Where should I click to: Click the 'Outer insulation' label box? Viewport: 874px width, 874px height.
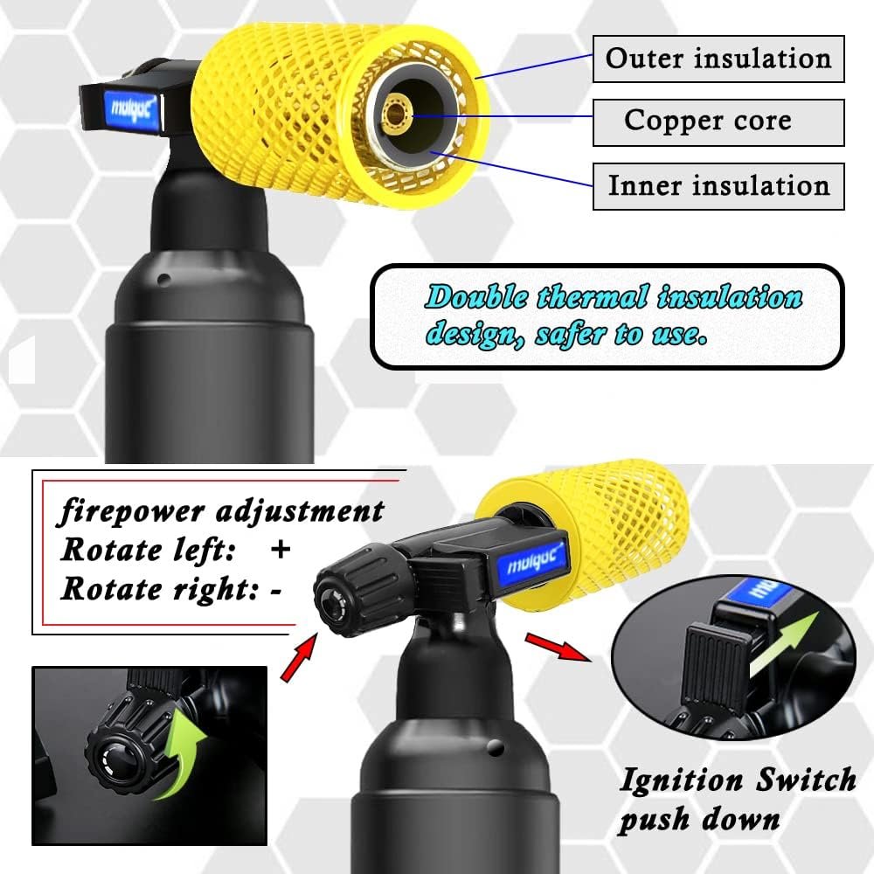coord(718,59)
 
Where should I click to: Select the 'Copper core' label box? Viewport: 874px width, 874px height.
coord(718,122)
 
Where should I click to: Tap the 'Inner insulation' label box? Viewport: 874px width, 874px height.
coord(718,185)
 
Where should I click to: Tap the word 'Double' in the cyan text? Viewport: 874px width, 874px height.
coord(477,298)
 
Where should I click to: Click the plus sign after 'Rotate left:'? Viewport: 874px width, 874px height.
coord(280,550)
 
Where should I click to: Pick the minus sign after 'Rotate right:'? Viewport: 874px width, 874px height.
coord(276,589)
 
